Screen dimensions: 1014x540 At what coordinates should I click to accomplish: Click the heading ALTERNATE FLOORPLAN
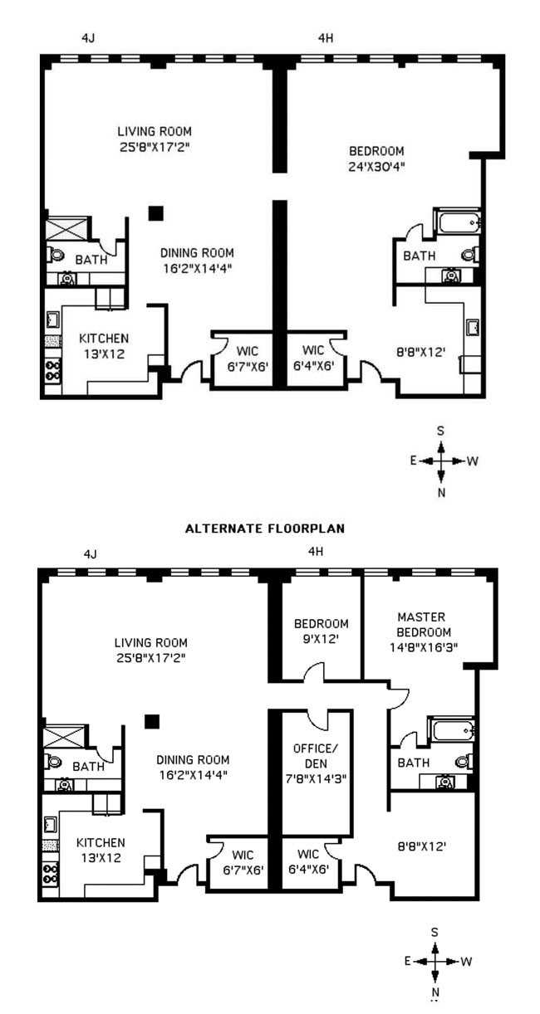[264, 528]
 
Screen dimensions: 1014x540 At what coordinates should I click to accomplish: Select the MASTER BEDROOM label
[421, 624]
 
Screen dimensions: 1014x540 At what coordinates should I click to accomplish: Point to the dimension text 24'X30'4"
[376, 165]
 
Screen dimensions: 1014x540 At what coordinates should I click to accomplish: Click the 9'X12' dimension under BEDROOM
[321, 639]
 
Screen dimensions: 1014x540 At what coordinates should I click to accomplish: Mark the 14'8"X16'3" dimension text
[421, 646]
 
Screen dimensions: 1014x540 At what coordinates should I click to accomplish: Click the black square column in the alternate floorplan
[151, 721]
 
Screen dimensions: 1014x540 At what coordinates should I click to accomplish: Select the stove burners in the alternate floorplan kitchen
[51, 873]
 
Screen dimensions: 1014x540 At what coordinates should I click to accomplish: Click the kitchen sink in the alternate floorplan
[51, 823]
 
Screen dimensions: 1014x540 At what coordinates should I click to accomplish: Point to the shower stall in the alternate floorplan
[59, 736]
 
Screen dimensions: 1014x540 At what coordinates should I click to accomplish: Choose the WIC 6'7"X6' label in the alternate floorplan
[238, 861]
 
